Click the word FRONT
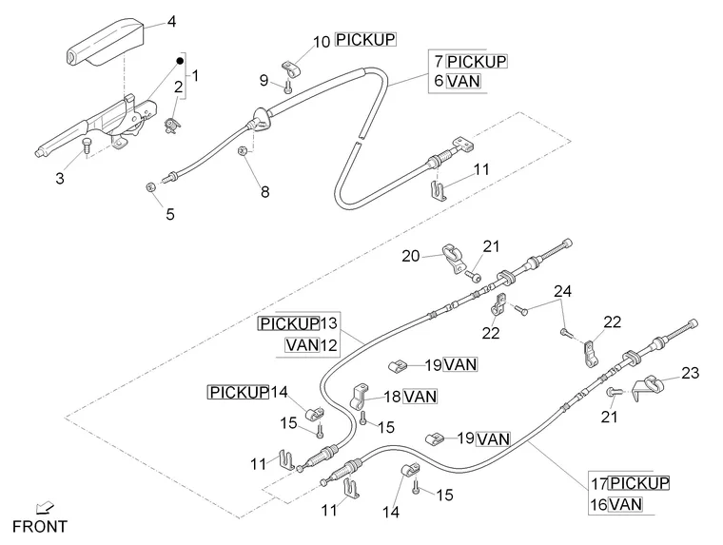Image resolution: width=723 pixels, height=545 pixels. (40, 526)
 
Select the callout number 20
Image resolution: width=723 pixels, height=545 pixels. (410, 255)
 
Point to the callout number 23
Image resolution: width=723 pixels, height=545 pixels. (690, 373)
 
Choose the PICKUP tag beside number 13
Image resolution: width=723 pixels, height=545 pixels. (288, 323)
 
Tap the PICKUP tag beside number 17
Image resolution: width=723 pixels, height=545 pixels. (639, 483)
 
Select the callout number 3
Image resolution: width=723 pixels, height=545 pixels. (59, 178)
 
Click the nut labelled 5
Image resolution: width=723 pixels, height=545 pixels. (151, 186)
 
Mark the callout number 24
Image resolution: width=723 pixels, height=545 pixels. (563, 290)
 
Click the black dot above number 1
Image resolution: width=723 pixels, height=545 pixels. (178, 61)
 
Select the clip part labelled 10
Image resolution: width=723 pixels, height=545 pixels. (291, 69)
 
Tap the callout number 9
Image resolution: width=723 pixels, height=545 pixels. (264, 81)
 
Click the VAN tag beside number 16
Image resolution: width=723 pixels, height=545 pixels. (628, 504)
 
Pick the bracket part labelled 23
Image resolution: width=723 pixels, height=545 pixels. (650, 385)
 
